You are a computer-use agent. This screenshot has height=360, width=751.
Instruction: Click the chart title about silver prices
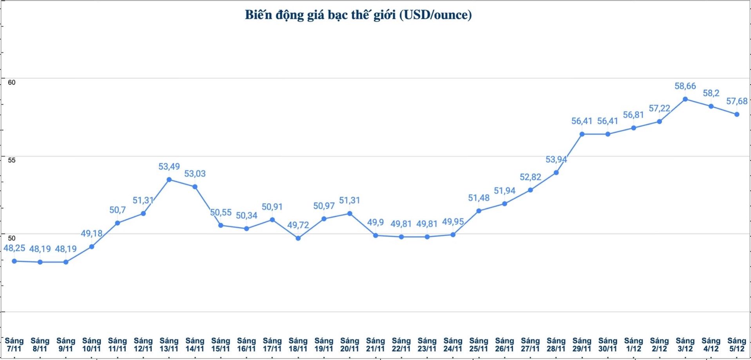point(358,15)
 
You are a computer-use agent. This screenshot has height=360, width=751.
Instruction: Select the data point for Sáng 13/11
point(169,180)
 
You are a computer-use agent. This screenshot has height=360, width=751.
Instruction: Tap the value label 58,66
point(685,86)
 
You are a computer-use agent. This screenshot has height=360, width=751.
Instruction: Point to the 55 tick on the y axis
point(12,160)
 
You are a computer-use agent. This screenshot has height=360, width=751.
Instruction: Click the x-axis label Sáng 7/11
point(14,345)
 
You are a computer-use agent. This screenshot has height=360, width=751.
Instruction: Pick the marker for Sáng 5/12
point(737,114)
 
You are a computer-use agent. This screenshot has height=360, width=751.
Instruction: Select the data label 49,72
point(298,225)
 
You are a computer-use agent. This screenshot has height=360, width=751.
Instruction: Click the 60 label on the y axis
point(12,82)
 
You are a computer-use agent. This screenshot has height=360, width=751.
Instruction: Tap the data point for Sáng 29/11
point(582,134)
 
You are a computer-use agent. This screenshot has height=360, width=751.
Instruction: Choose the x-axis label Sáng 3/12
point(685,345)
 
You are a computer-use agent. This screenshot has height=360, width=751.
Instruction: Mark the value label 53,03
point(195,174)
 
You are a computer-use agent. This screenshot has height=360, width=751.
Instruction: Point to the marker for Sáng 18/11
point(298,238)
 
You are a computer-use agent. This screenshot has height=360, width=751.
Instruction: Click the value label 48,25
point(14,248)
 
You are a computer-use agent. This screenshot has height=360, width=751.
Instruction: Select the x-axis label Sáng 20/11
point(350,345)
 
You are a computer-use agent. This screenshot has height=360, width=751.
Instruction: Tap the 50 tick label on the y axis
point(12,238)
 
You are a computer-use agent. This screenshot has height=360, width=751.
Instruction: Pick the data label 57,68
point(737,101)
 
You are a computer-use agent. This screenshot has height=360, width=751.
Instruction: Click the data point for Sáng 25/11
point(479,211)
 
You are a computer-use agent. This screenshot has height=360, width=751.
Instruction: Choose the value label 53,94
point(556,160)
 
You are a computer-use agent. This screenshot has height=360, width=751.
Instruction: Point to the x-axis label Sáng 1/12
point(633,345)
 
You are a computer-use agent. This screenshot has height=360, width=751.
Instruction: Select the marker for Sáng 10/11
point(92,247)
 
